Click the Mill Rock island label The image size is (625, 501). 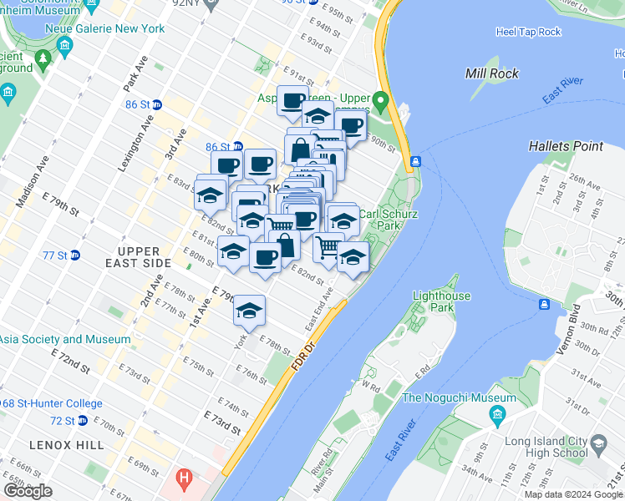click(x=492, y=73)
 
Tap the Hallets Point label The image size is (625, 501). click(x=566, y=146)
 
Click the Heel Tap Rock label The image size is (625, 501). click(x=528, y=32)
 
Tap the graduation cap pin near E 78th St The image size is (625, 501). click(x=249, y=311)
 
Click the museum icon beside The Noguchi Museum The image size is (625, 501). click(x=499, y=415)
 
